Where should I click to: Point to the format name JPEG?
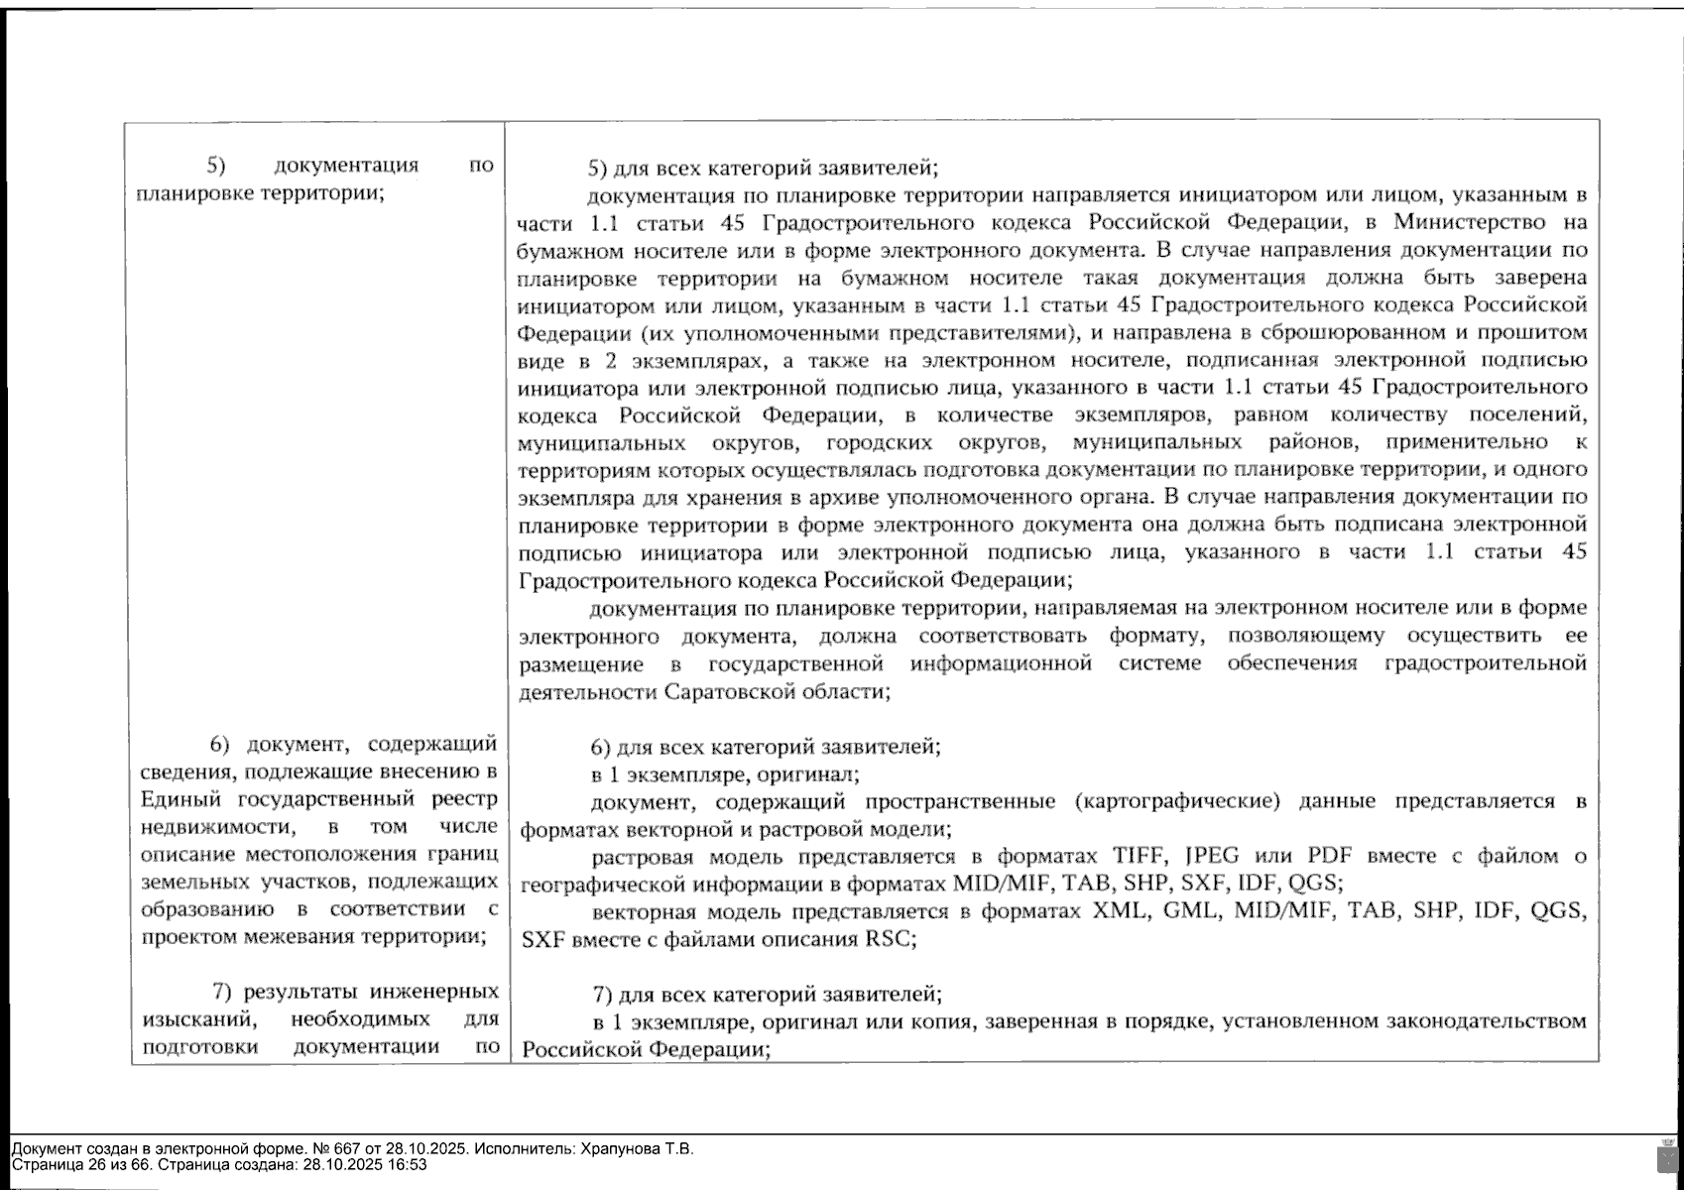(1214, 856)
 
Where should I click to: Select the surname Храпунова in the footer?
(616, 1149)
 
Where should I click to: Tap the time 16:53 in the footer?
(408, 1164)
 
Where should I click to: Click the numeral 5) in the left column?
(216, 165)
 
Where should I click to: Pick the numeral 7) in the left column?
(223, 991)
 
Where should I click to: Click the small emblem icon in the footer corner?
(1667, 1155)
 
